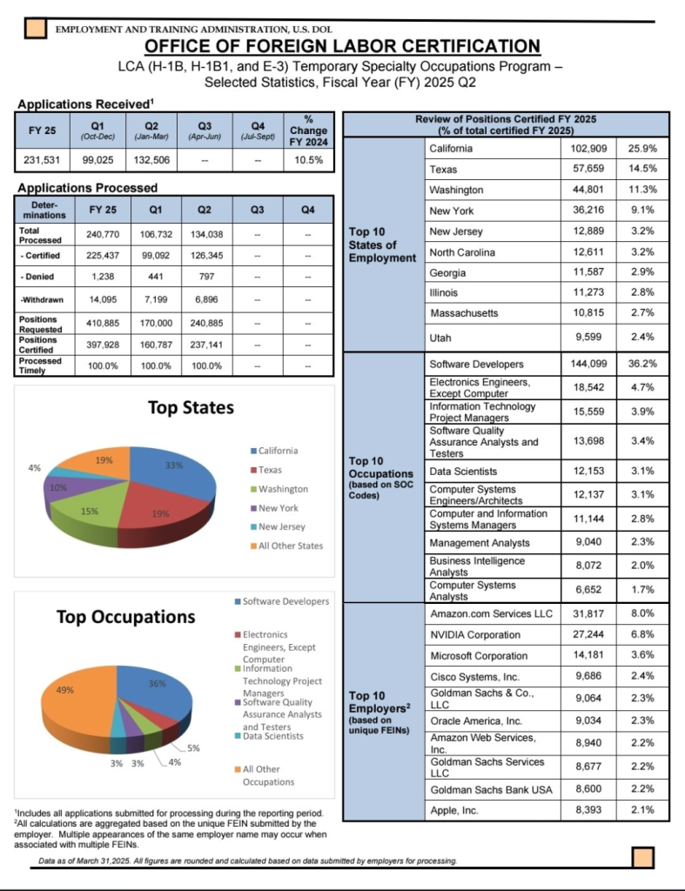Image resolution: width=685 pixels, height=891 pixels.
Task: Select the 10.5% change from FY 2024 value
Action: [309, 160]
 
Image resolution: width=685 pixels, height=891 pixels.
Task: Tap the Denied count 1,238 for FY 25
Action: [95, 277]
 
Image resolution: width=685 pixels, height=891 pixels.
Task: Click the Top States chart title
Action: [191, 408]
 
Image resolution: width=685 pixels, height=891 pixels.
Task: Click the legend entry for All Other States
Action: [291, 546]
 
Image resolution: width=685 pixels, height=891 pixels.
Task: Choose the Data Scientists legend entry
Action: [272, 736]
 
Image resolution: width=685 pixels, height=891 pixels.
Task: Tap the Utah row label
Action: [442, 337]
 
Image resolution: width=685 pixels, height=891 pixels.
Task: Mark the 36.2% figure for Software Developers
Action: [642, 364]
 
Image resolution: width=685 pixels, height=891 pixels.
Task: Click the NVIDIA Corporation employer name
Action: [475, 635]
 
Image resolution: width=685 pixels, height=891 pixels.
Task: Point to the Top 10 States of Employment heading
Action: [382, 245]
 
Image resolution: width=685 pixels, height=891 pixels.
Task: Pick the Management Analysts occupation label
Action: [480, 543]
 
